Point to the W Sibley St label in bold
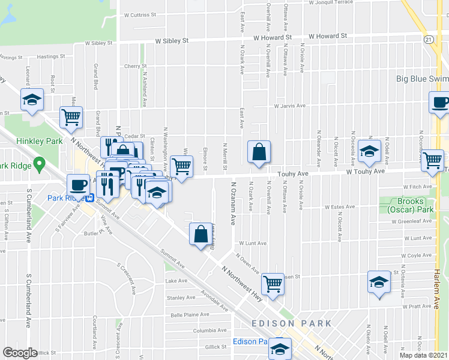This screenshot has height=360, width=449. (172, 41)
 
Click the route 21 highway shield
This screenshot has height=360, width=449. (427, 39)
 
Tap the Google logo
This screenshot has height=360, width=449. (20, 352)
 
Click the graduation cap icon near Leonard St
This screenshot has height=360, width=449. (32, 100)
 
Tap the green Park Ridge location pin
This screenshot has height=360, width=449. (40, 163)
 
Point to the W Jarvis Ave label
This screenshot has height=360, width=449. (290, 106)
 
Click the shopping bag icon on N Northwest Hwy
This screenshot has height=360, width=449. (201, 233)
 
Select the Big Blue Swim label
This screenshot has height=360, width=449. (422, 79)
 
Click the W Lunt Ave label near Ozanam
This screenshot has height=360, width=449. (248, 244)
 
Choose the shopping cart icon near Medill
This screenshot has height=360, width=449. (71, 118)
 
